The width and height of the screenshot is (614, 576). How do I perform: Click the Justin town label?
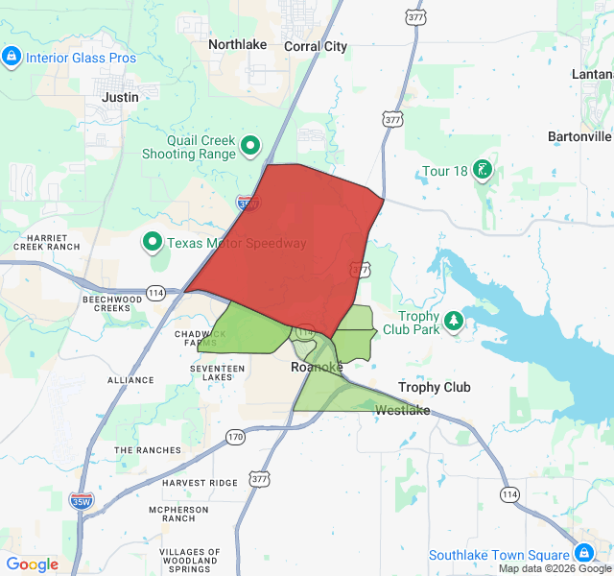(x=121, y=97)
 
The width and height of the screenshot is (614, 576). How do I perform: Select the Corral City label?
(x=316, y=46)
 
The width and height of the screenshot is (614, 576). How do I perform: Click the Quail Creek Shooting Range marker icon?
(x=250, y=146)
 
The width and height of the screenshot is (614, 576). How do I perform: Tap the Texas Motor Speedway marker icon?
(x=153, y=242)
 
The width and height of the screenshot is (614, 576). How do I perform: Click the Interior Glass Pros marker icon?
(x=12, y=57)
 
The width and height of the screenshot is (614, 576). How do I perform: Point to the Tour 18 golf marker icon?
(x=483, y=171)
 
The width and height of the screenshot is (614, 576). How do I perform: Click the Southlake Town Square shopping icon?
(x=583, y=554)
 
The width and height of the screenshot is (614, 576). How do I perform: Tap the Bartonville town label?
(x=579, y=136)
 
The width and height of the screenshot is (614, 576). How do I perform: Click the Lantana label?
(x=592, y=74)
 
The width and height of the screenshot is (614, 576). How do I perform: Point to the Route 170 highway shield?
(x=236, y=437)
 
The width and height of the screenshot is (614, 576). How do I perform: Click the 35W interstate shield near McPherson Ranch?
(x=82, y=500)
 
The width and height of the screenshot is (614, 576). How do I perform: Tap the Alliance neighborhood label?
(x=130, y=380)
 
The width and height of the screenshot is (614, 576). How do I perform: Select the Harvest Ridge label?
(x=200, y=482)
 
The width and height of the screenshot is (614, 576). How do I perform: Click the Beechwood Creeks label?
(x=112, y=303)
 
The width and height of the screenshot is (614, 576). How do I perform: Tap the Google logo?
(x=33, y=564)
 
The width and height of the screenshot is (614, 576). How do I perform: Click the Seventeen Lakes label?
(x=218, y=372)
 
